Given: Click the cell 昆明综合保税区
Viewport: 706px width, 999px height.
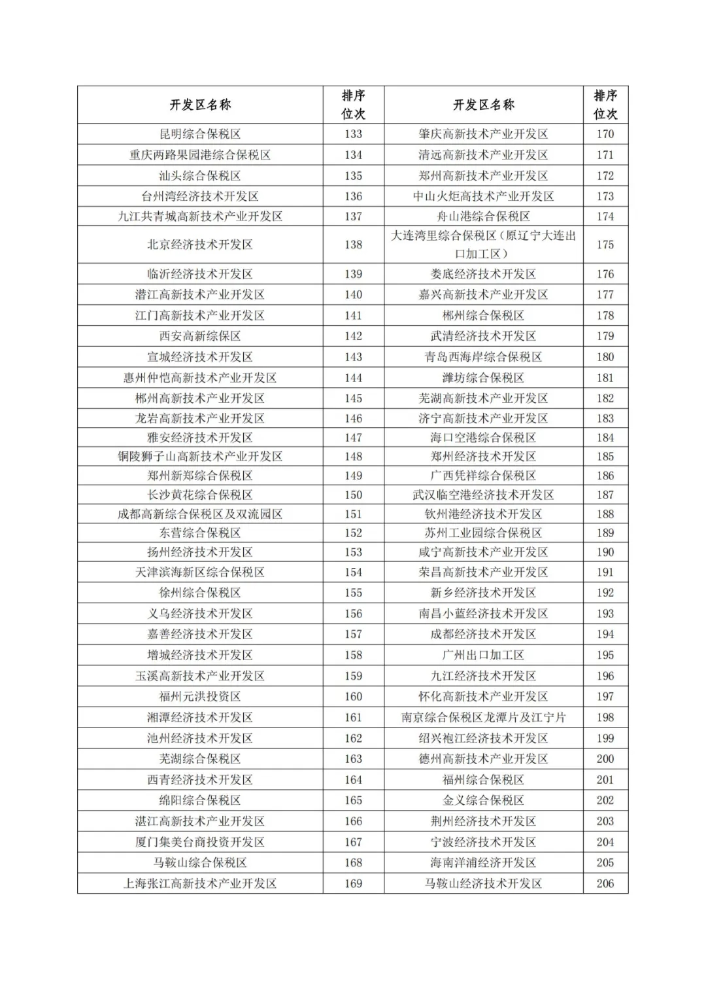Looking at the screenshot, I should click(200, 134).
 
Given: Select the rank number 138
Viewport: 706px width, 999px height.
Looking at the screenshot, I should click(353, 245).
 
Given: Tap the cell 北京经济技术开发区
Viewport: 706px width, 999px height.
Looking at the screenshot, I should click(200, 245).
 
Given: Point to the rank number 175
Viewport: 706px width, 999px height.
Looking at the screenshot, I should click(605, 245).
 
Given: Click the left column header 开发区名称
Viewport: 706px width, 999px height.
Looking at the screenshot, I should click(200, 105).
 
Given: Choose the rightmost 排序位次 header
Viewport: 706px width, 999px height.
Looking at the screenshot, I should click(605, 105).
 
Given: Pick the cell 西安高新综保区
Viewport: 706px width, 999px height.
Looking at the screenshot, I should click(200, 336).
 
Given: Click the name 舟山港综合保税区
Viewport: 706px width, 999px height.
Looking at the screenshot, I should click(483, 217).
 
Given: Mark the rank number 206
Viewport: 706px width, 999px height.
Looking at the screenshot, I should click(605, 883).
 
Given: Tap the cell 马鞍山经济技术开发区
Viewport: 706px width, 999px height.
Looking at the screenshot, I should click(483, 883).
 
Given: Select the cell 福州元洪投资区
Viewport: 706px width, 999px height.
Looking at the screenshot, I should click(200, 697).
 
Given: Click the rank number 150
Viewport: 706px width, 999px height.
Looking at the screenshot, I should click(353, 495).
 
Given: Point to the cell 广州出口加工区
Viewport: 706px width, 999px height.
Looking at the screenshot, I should click(483, 655).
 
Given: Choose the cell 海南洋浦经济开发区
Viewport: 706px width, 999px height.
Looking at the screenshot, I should click(483, 863).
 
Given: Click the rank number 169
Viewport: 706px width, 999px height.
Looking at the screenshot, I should click(353, 883).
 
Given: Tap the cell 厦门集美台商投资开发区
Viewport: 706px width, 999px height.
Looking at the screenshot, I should click(200, 842).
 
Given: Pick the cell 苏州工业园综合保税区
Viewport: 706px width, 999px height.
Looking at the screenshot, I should click(483, 533).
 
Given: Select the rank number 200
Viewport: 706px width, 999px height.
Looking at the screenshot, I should click(605, 759).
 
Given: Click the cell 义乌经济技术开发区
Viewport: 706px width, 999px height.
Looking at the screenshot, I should click(200, 614).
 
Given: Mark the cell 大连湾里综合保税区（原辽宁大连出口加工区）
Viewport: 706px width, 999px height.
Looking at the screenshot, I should click(483, 245).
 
